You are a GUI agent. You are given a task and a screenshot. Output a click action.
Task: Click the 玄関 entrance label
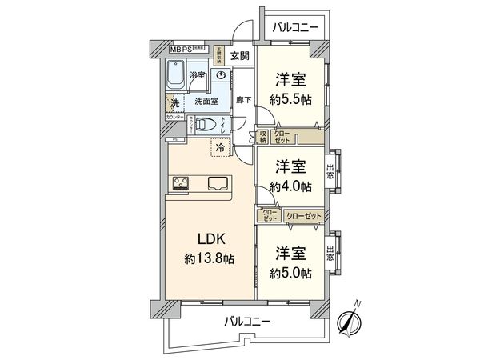pos(239,55)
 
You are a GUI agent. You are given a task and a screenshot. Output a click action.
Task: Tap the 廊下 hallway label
pos(243,100)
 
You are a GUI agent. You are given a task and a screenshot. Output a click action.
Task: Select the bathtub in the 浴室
pos(178,79)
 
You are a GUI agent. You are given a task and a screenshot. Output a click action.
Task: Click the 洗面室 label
pos(207,102)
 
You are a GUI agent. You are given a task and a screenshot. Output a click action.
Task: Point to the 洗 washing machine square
pos(174,102)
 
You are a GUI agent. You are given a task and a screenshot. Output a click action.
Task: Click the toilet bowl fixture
pos(205,125)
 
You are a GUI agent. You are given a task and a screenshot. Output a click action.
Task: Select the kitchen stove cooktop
pos(179,184)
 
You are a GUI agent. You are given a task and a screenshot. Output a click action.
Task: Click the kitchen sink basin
pos(218,183)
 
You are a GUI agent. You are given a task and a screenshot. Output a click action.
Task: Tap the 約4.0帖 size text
pos(290,186)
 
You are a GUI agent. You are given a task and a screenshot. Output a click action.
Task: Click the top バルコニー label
pos(295,27)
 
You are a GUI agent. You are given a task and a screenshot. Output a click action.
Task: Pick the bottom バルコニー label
pos(246,321)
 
